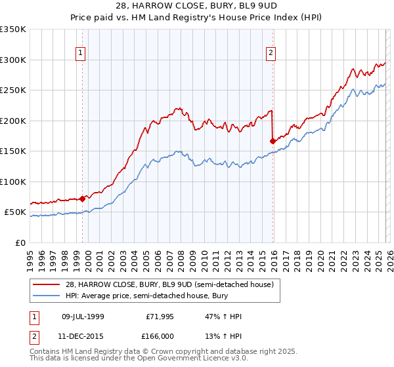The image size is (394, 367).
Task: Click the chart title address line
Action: (x=197, y=6)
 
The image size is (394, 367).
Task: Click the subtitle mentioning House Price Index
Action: (x=197, y=18)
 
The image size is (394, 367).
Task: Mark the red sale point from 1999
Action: (x=82, y=199)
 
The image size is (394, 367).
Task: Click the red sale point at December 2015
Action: (x=273, y=140)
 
